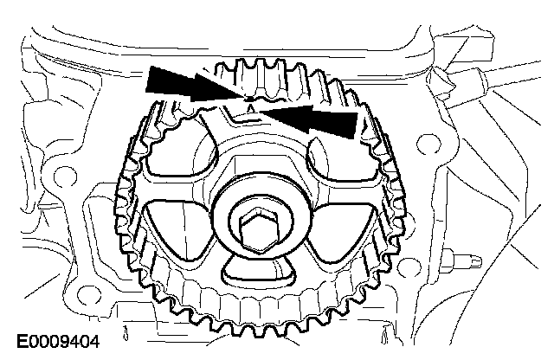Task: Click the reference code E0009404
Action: click(58, 342)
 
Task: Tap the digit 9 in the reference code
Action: click(68, 342)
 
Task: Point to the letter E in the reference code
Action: click(23, 342)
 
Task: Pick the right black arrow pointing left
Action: click(308, 119)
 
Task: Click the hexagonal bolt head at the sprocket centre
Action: click(260, 230)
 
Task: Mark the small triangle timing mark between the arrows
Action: click(250, 110)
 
